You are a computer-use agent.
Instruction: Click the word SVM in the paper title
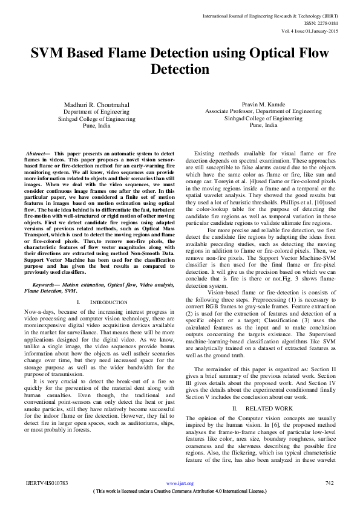[x=50, y=53]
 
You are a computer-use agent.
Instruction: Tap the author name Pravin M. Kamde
[x=263, y=105]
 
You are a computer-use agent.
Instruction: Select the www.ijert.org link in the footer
[x=180, y=483]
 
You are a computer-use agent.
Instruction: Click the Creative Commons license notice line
[x=180, y=491]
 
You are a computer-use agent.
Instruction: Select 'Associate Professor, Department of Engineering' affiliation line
[x=263, y=112]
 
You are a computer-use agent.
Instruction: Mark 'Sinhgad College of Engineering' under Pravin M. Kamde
[x=263, y=119]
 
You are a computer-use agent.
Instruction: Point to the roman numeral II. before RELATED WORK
[x=234, y=409]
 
